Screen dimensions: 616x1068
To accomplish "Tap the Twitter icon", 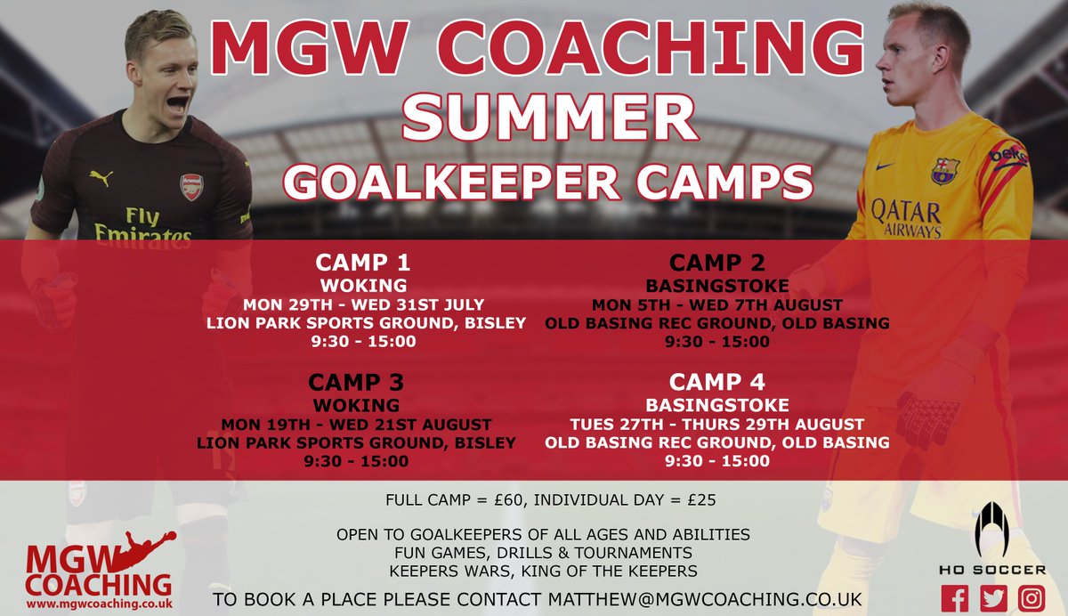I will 995,598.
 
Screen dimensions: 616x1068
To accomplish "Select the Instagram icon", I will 1032,598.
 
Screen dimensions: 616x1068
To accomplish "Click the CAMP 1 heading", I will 360,264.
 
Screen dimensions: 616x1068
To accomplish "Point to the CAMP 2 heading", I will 716,263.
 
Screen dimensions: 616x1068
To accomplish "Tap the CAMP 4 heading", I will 716,382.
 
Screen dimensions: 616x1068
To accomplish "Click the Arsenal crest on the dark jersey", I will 191,186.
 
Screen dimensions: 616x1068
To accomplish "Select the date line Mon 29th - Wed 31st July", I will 360,304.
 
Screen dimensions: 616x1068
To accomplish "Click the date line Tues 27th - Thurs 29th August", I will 716,423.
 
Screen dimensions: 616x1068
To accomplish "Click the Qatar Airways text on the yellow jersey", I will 907,219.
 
